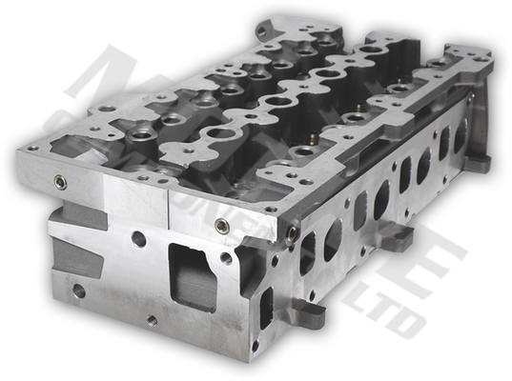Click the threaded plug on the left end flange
click(x=61, y=182)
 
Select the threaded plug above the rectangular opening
click(x=222, y=226)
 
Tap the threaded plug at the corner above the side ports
click(x=293, y=229)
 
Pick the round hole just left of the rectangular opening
click(x=139, y=239)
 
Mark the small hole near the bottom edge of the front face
click(x=152, y=320)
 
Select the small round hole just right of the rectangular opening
click(x=226, y=257)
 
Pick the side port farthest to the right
click(x=460, y=136)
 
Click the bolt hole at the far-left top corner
click(x=33, y=148)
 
